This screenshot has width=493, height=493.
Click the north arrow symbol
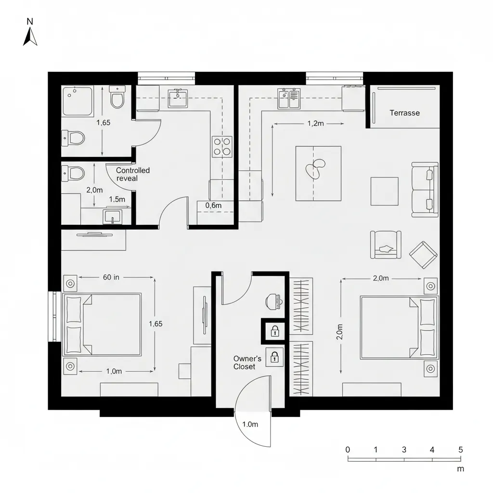30,37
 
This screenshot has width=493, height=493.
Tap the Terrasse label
404,113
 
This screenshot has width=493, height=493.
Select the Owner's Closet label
247,363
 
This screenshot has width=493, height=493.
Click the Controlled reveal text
133,174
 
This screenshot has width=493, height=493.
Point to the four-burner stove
222,146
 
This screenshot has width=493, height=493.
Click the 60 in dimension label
111,277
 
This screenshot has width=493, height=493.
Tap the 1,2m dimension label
315,123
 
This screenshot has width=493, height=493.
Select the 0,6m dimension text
213,206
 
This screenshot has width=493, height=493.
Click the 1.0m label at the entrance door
250,425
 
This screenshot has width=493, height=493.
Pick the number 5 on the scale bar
461,450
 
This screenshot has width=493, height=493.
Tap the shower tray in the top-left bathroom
78,101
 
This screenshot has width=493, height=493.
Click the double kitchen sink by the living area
289,99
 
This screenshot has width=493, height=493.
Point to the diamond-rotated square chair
424,255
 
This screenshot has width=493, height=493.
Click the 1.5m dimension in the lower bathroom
117,199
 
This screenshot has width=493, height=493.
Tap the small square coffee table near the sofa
384,191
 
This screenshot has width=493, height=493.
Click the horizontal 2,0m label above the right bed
380,278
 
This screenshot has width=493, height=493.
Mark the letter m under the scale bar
460,468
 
